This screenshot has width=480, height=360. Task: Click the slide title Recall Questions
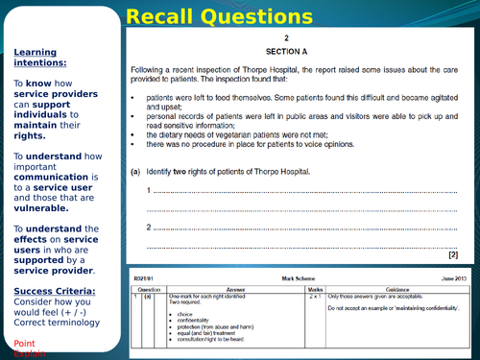pos(240,15)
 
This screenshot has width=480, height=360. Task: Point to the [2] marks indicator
pos(453,254)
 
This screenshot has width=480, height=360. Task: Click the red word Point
pos(25,343)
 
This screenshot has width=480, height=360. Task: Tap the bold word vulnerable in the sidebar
pos(41,207)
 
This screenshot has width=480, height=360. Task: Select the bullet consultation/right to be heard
pos(215,338)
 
